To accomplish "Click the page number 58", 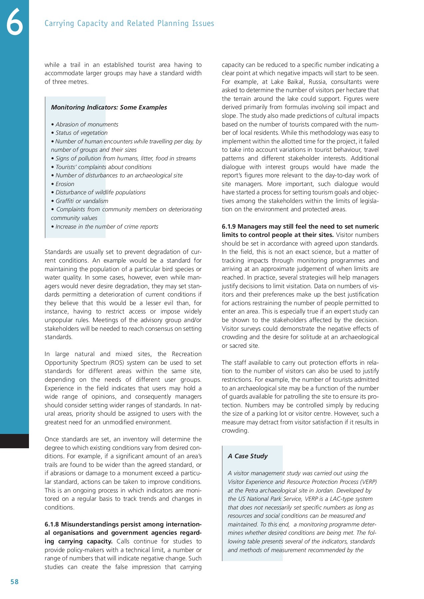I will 15,582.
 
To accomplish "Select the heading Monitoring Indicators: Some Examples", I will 109,107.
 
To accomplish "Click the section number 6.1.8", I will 52,524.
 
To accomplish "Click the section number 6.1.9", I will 229,227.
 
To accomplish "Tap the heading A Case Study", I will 247,456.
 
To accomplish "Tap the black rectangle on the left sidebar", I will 14,441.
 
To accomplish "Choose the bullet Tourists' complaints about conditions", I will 103,167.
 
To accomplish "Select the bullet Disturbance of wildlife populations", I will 100,192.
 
